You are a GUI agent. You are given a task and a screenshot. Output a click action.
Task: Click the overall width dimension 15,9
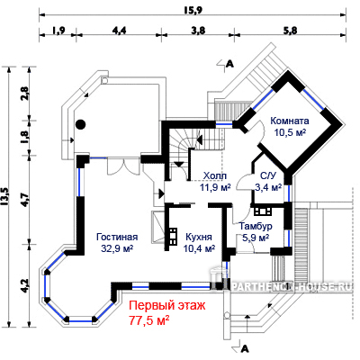click(193, 10)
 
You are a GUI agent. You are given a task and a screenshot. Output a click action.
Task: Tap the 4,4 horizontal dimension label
click(119, 31)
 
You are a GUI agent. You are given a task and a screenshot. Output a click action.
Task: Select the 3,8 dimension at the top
click(198, 31)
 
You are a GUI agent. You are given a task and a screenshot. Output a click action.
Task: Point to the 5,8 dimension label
click(290, 31)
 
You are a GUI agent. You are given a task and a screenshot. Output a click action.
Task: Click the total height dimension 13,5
click(4, 196)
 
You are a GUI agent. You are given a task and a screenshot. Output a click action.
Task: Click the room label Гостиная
click(117, 237)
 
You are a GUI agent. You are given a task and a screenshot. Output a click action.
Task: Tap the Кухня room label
click(199, 237)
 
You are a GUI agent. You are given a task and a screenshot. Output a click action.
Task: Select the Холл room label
click(214, 175)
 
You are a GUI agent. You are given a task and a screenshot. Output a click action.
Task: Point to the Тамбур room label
click(256, 226)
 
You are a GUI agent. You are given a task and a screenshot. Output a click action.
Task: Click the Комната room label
click(290, 121)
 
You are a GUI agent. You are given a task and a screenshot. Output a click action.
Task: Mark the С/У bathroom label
click(268, 176)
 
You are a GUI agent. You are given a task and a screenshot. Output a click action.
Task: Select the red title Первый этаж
click(167, 306)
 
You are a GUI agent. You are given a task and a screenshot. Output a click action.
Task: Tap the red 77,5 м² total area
click(149, 320)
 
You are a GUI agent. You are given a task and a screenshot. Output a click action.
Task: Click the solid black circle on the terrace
click(80, 124)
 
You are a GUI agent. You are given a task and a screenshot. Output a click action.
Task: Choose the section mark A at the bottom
click(241, 348)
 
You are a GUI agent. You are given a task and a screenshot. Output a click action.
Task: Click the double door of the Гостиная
click(123, 166)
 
